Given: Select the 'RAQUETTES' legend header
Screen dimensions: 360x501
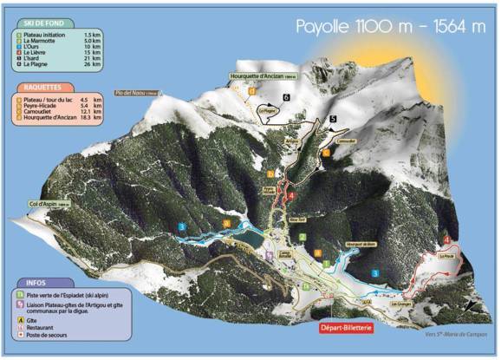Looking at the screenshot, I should (x=42, y=88).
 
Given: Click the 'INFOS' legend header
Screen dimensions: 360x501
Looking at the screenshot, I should (x=36, y=282).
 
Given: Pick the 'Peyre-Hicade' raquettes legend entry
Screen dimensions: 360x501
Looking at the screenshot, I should (x=43, y=105).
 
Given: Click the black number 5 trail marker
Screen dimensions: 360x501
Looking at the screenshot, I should (x=333, y=117).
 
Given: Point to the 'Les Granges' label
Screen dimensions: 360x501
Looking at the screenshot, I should (x=400, y=304).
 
